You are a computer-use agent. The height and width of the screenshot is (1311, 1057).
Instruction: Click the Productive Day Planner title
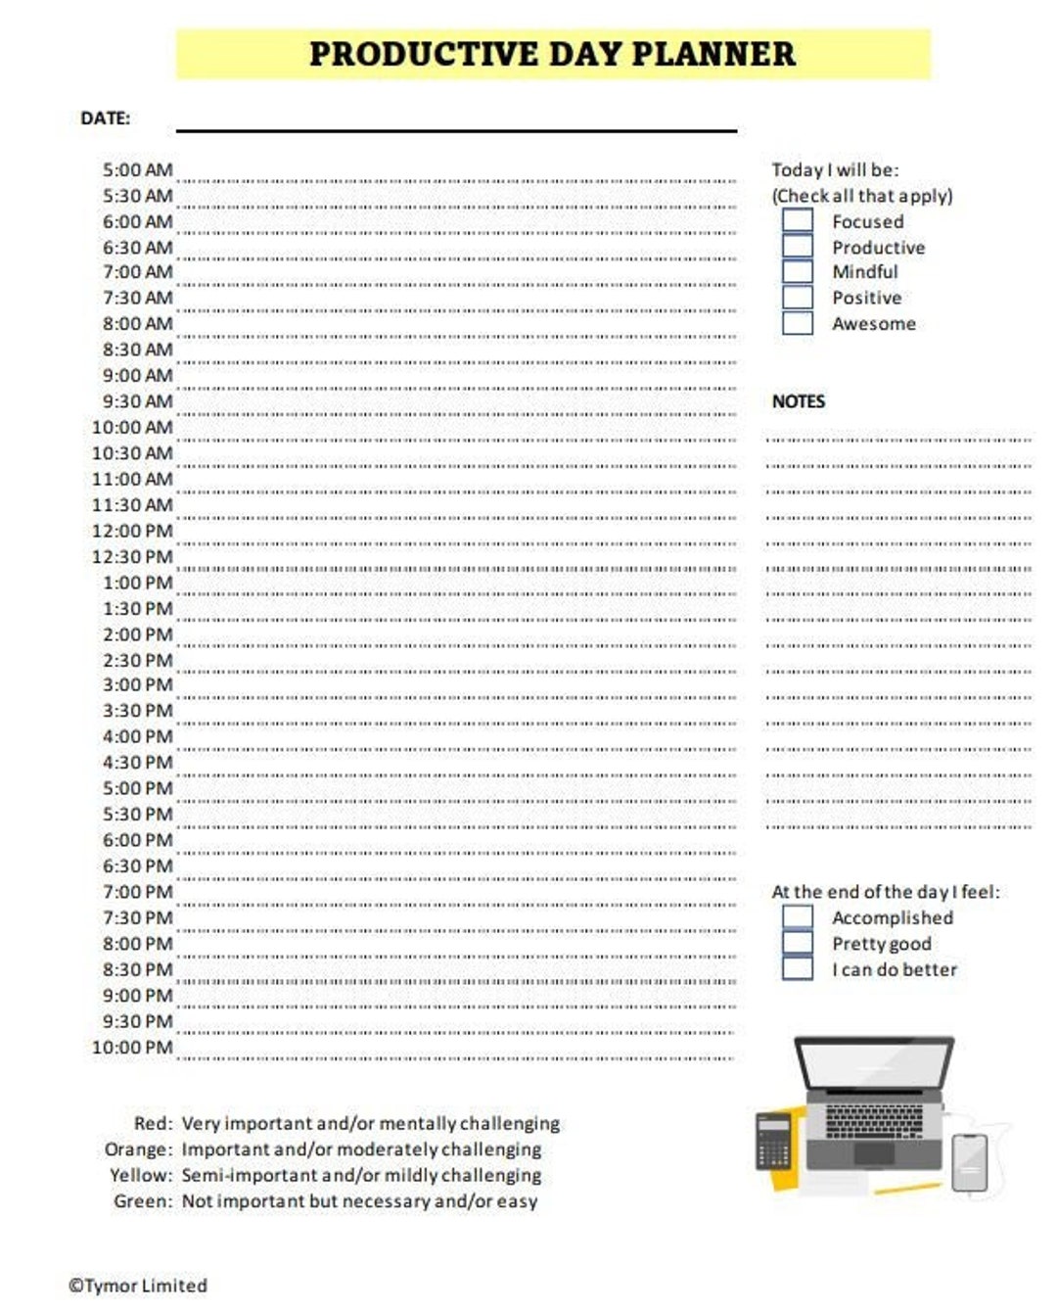(552, 54)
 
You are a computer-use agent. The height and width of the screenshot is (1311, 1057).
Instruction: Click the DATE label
(105, 118)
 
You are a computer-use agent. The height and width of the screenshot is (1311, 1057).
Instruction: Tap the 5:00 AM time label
(137, 170)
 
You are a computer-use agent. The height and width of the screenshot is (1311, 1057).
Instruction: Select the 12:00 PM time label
(132, 532)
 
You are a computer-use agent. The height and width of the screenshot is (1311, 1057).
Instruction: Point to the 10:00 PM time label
(132, 1048)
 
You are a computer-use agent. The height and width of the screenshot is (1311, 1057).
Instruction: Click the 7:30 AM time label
(137, 298)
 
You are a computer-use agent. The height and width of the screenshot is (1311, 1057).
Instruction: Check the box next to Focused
(798, 220)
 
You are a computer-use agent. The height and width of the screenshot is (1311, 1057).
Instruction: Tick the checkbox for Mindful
(798, 271)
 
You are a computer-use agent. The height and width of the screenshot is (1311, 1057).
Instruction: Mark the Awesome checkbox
(798, 323)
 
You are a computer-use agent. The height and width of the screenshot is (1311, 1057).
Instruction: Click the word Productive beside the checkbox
(878, 248)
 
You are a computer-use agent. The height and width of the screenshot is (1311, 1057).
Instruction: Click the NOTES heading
(798, 401)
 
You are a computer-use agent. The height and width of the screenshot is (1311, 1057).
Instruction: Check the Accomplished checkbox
(798, 916)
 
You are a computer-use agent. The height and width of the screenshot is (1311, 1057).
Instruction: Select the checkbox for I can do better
(798, 968)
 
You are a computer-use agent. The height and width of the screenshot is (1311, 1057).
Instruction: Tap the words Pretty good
(881, 944)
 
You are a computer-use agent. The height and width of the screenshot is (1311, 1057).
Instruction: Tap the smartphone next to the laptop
(969, 1162)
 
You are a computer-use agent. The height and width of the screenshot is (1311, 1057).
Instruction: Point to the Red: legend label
(153, 1123)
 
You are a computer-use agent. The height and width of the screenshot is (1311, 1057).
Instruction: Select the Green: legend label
(143, 1201)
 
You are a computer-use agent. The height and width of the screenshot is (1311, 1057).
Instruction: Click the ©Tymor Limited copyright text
(138, 1286)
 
